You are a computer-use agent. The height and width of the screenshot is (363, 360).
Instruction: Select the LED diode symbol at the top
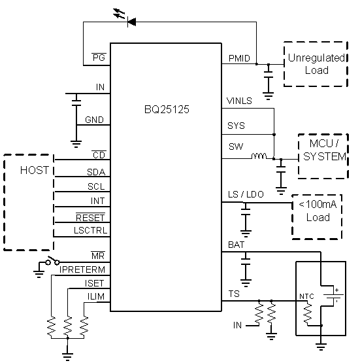[x=131, y=22]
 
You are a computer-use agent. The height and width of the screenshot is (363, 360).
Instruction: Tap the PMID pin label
[x=238, y=58]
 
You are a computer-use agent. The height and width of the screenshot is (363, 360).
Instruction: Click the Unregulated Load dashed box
[x=316, y=64]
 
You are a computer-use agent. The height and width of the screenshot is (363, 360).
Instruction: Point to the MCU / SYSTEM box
[x=322, y=155]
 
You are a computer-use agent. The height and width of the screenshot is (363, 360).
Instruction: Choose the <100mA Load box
[x=317, y=214]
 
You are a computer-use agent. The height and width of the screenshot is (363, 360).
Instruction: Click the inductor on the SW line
[x=260, y=157]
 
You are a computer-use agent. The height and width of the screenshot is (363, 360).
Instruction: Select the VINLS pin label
[x=239, y=101]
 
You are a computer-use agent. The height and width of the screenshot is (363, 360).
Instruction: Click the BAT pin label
[x=236, y=245]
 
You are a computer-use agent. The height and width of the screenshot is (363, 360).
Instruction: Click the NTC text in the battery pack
[x=306, y=296]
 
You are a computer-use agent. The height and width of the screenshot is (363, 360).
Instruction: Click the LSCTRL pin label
[x=91, y=230]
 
